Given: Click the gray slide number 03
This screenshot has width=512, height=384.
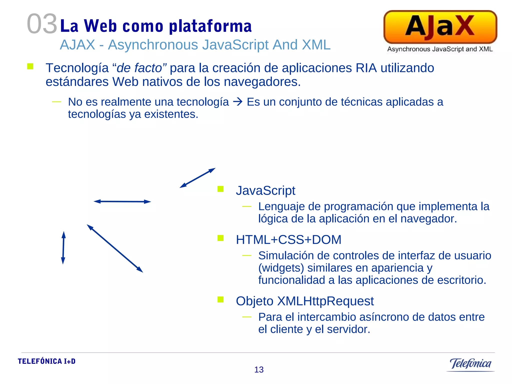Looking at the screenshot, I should coord(42,24).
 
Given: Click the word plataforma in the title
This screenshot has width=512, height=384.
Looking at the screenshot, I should coord(210,26).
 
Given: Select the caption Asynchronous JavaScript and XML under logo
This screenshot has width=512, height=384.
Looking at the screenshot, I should coord(440,49).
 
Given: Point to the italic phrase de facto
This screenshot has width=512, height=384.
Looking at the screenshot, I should coord(139,68).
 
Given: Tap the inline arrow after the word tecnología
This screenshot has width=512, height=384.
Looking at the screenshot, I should coord(238,102).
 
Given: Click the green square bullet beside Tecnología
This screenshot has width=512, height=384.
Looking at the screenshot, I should coord(30,66).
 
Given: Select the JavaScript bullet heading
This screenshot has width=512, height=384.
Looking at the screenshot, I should coord(265,190).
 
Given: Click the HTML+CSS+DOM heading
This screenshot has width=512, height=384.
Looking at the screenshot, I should coord(288,239).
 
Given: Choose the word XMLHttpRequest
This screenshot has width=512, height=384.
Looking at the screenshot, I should coord(325,301).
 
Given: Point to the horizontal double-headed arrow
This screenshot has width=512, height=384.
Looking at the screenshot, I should coord(122,201).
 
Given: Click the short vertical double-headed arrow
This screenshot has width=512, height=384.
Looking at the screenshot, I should coord(63,247).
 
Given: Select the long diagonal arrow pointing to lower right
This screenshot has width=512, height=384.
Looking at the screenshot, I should coord(115,248).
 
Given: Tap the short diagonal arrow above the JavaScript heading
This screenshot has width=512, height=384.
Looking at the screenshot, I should coord(197,178).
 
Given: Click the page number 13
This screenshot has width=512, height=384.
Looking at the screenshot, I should coord(259,369).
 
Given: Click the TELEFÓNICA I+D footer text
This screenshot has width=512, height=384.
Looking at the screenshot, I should coord(47,361).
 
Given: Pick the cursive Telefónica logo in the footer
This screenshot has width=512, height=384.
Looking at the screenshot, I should coord(470,364).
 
